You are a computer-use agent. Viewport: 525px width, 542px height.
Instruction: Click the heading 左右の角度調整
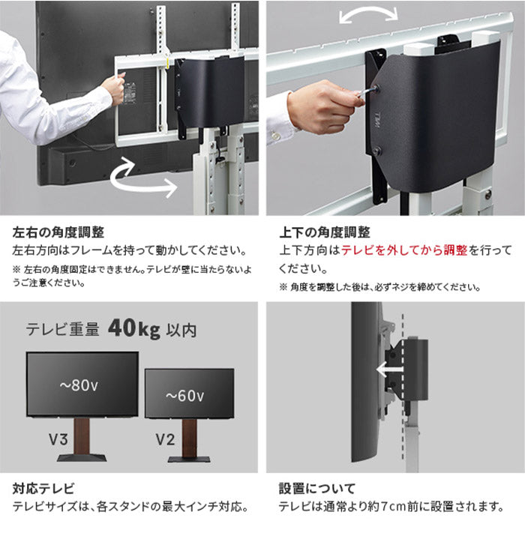[x=60, y=232]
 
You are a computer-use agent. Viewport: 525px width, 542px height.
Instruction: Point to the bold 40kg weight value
[x=133, y=328]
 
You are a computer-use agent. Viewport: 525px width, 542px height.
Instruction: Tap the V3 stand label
[x=38, y=437]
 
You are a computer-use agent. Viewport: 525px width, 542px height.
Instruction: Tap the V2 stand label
[x=166, y=437]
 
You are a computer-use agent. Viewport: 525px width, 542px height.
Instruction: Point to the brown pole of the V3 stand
[x=83, y=434]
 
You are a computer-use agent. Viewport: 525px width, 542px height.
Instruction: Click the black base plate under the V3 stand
[x=82, y=457]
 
